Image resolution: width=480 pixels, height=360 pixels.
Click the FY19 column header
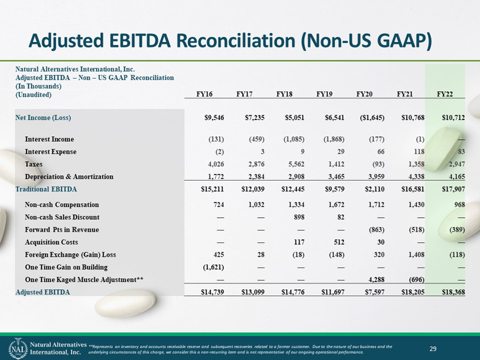pyautogui.click(x=324, y=94)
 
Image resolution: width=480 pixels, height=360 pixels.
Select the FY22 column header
pyautogui.click(x=445, y=94)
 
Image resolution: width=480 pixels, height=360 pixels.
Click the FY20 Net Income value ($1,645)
pyautogui.click(x=372, y=118)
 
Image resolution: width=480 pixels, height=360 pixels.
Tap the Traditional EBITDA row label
pyautogui.click(x=46, y=189)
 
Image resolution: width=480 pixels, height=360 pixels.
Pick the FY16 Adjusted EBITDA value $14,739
pyautogui.click(x=212, y=292)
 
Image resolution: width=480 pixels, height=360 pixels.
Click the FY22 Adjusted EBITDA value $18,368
pyautogui.click(x=454, y=292)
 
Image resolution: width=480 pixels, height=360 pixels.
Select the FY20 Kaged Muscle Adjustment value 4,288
pyautogui.click(x=376, y=280)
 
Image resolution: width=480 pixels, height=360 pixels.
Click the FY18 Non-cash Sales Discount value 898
pyautogui.click(x=299, y=217)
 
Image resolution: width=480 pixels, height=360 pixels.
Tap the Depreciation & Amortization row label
pyautogui.click(x=69, y=176)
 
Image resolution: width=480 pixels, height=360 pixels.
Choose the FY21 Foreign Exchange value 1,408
pyautogui.click(x=416, y=254)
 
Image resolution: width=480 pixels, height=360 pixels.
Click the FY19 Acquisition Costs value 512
pyautogui.click(x=339, y=242)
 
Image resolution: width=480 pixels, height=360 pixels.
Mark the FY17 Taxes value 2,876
pyautogui.click(x=257, y=164)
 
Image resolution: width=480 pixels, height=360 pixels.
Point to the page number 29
pyautogui.click(x=433, y=349)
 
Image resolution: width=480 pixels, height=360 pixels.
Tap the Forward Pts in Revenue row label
pyautogui.click(x=62, y=230)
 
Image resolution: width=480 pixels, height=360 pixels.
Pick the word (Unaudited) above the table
pyautogui.click(x=34, y=95)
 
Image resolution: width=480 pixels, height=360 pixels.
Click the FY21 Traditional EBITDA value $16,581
pyautogui.click(x=413, y=189)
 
